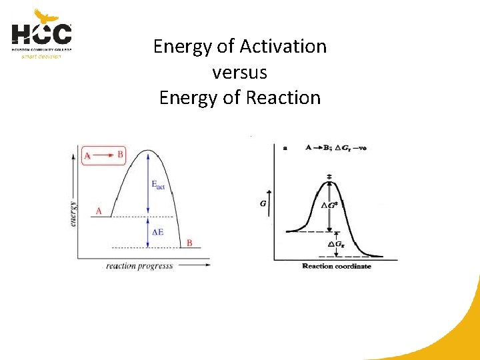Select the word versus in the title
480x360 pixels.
(x=239, y=72)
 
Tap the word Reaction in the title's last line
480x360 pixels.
(x=283, y=97)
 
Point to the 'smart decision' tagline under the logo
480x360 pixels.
(x=41, y=57)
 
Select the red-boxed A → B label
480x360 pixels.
(x=103, y=155)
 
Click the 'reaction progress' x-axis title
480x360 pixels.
(x=139, y=266)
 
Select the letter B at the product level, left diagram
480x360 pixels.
(x=189, y=243)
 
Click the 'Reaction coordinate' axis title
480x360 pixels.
(x=337, y=266)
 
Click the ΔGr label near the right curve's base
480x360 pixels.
(x=337, y=244)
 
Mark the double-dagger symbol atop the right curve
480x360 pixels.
(x=329, y=177)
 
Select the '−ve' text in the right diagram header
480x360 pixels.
(x=359, y=148)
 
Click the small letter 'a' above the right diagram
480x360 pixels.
(x=285, y=148)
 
